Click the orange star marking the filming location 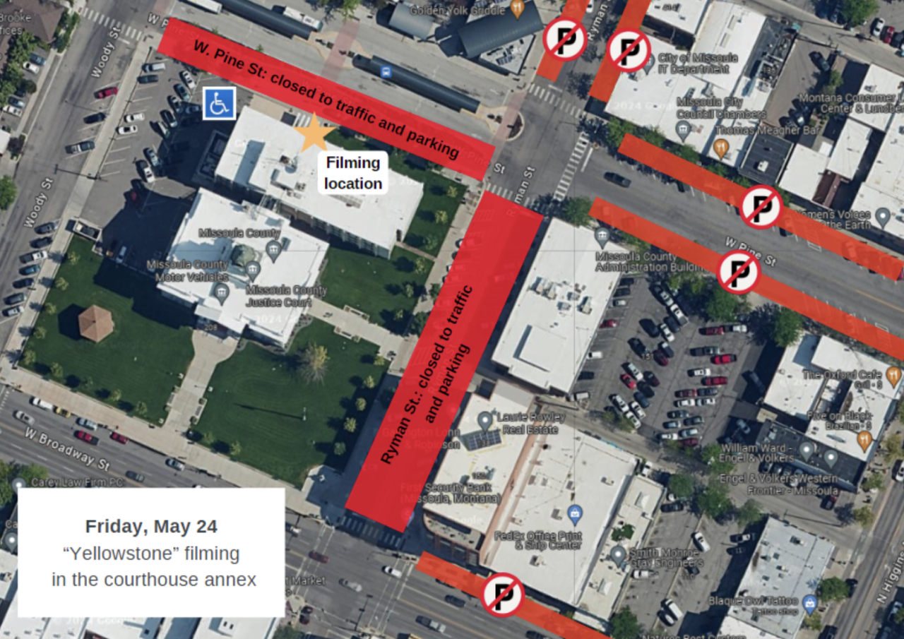[x=314, y=131]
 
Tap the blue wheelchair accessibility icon [x=219, y=104]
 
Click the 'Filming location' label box [x=352, y=173]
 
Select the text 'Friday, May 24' [x=151, y=526]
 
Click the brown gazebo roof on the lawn [x=95, y=323]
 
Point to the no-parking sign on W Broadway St [x=503, y=595]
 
